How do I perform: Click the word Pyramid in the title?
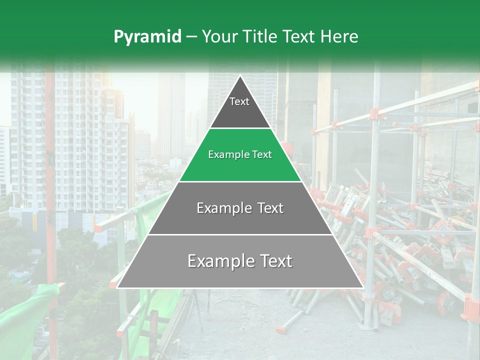click(147, 37)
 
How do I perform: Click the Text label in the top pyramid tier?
click(239, 102)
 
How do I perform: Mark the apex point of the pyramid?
click(240, 76)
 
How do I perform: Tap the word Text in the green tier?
click(262, 155)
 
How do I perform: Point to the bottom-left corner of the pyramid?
click(117, 287)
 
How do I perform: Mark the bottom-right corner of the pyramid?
click(363, 287)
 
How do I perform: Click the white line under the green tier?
click(240, 181)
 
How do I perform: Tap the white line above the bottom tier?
click(240, 234)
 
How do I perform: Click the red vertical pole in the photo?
click(50, 175)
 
